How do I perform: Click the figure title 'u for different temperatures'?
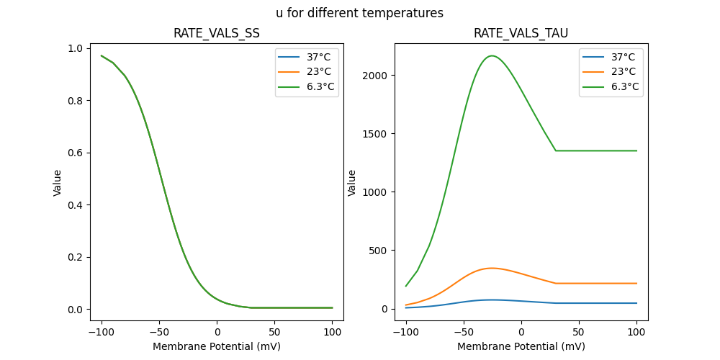359,13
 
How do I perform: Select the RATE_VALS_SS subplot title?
217,34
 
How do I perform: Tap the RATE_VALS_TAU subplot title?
521,34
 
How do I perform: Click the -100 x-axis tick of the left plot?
102,332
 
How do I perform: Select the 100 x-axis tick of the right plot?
636,332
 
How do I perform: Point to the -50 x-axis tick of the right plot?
463,332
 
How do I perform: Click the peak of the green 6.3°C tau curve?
492,55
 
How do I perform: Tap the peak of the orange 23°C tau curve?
491,268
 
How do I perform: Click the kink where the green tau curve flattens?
556,150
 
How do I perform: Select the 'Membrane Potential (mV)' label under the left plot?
217,346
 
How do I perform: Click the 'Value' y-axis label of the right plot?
353,182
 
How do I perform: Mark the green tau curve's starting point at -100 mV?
406,286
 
